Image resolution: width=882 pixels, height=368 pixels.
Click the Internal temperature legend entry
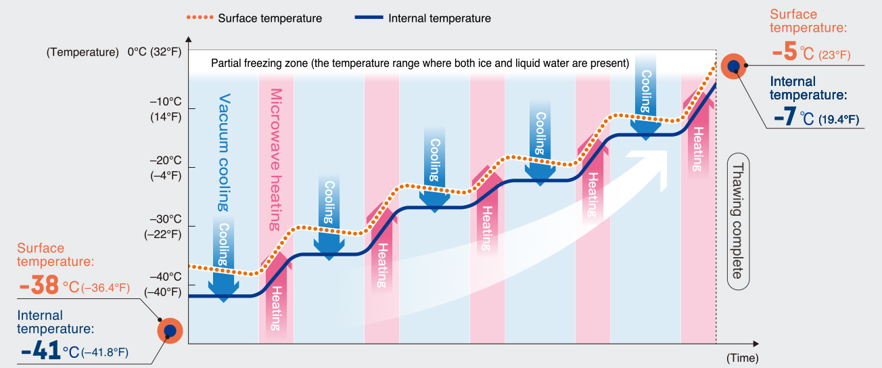[x=423, y=18]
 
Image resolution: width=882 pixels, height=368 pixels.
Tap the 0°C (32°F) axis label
[x=154, y=51]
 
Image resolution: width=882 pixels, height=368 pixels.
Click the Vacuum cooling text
[x=224, y=152]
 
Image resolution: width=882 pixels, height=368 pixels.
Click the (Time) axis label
[x=742, y=357]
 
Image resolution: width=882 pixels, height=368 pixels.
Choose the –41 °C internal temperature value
[x=42, y=351]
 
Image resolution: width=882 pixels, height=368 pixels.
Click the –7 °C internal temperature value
[x=785, y=117]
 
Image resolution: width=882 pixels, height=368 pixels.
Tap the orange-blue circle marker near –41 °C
[x=170, y=331]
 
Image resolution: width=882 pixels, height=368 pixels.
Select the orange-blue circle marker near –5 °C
[x=733, y=66]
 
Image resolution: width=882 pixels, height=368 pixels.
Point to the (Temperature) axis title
[x=83, y=52]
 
